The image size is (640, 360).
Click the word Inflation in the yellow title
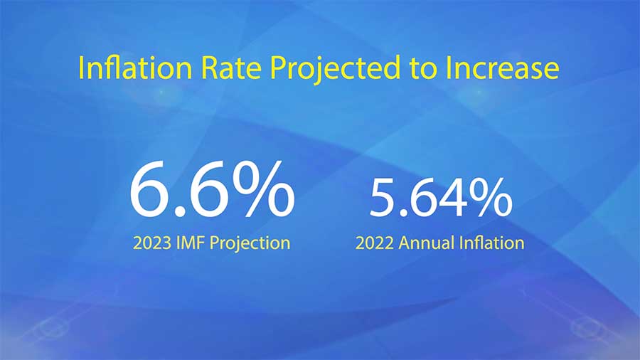(x=134, y=68)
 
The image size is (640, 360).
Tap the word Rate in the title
(x=231, y=68)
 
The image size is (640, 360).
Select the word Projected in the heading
(x=335, y=69)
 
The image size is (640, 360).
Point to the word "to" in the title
(x=423, y=68)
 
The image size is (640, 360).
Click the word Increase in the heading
(x=503, y=68)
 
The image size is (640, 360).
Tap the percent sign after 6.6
(x=262, y=188)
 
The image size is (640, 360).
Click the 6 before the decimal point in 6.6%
(x=149, y=189)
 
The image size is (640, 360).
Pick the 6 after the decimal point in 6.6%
(x=208, y=189)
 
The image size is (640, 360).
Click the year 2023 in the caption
(x=152, y=243)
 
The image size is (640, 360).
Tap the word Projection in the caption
(x=250, y=244)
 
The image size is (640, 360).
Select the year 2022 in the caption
(x=375, y=243)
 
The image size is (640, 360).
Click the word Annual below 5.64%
(x=427, y=243)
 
